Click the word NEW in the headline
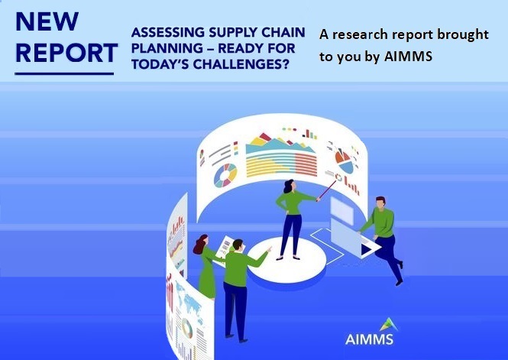coord(47,21)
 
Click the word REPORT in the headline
coord(66,53)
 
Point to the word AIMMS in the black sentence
coord(408,57)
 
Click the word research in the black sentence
coord(360,34)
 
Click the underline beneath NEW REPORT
coord(64,74)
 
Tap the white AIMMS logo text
coord(369,339)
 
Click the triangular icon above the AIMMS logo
coord(389,325)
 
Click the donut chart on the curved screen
coord(225,175)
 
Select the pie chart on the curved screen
coord(344,161)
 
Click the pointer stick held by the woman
coord(328,190)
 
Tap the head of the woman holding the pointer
coord(290,186)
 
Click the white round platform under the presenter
coord(286,260)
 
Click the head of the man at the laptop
coord(381,203)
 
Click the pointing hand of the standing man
coord(269,249)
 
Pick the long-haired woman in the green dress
coord(205,266)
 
